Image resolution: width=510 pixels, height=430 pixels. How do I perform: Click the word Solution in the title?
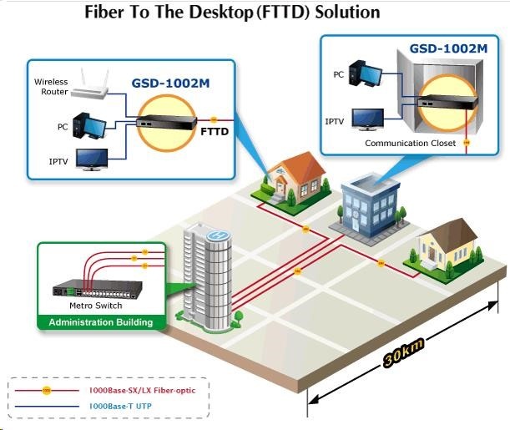[x=341, y=13]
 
